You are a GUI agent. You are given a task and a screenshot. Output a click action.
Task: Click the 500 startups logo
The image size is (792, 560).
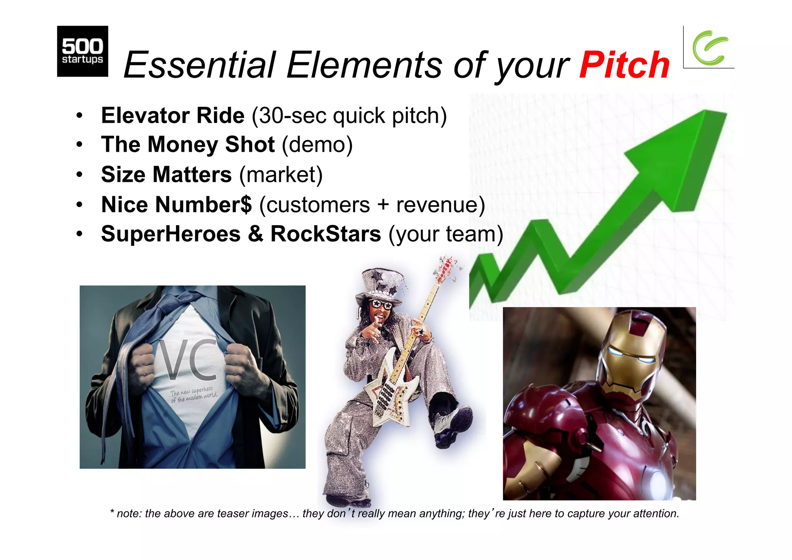pos(82,51)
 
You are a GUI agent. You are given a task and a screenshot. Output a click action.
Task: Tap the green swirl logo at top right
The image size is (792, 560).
pos(710,48)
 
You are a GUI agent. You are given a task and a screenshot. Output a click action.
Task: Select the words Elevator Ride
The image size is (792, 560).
pos(172,115)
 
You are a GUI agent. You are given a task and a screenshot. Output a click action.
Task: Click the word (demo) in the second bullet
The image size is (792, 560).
pos(317,145)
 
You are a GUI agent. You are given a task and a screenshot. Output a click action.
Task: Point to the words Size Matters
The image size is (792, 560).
pos(166,175)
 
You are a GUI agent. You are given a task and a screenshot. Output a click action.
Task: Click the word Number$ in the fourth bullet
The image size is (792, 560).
pos(203,204)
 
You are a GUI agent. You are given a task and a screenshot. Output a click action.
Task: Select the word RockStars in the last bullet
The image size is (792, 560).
pos(326,234)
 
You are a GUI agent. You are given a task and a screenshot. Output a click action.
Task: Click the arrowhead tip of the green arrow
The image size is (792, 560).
pos(712,116)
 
